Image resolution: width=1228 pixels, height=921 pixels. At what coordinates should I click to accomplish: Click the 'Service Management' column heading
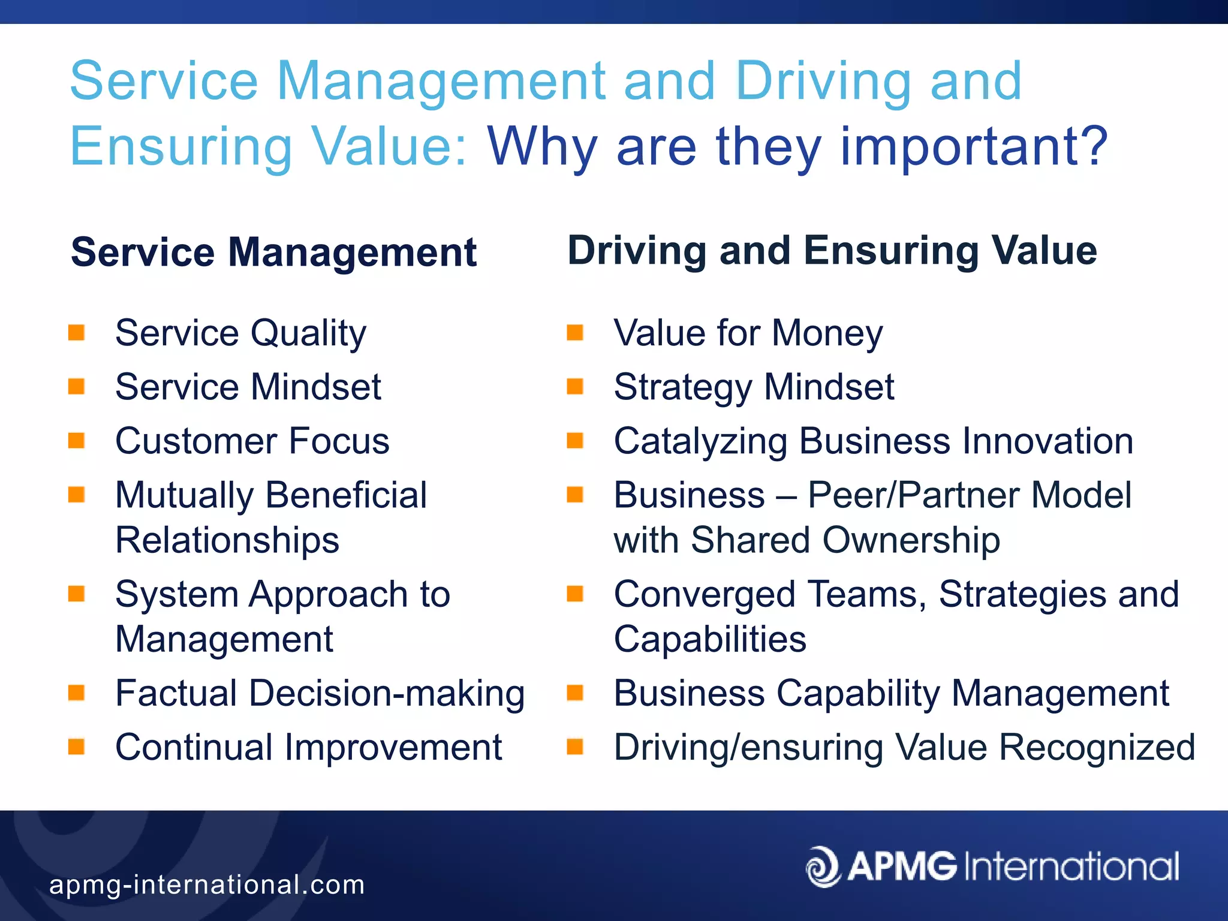[273, 252]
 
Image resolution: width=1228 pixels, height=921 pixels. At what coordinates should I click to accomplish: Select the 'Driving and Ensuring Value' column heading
[832, 250]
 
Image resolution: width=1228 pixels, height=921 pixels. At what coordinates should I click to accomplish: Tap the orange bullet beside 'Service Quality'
[76, 332]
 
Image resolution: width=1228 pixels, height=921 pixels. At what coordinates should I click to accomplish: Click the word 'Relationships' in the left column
[227, 540]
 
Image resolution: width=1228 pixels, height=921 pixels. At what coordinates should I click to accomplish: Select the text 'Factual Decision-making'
[320, 693]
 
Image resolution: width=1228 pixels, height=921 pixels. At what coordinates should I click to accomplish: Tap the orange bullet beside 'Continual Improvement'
[76, 747]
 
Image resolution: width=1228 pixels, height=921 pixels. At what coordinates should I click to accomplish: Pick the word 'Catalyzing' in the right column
[700, 442]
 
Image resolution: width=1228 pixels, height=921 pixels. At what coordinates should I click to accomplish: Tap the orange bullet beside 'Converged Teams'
[575, 594]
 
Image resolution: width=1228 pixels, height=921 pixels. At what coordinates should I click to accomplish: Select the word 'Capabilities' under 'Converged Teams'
[710, 639]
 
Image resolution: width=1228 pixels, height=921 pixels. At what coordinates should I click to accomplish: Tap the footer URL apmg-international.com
[207, 884]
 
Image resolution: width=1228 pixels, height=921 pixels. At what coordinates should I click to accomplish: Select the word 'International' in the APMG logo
[1072, 866]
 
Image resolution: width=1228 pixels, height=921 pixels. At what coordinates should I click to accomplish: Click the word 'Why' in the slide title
[542, 147]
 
